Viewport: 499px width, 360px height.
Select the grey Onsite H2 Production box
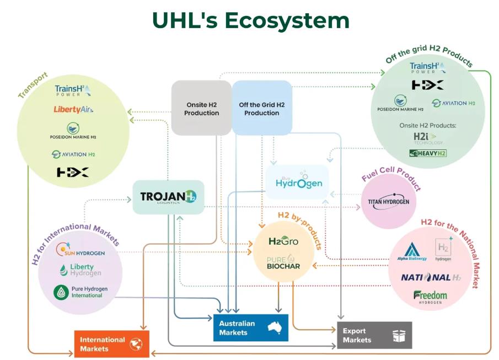pos(201,108)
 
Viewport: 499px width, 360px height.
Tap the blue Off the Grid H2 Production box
pos(261,108)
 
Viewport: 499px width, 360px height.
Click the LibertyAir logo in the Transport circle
pos(73,109)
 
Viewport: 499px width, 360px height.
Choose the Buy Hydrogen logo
pos(297,181)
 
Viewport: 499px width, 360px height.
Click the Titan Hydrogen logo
pos(389,201)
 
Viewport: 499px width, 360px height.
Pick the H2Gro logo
pos(283,241)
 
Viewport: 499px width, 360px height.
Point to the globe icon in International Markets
pos(136,344)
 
